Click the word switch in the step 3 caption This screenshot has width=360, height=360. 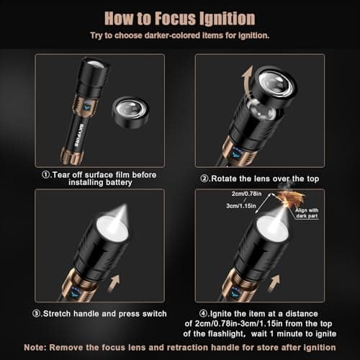pyautogui.click(x=150, y=313)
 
